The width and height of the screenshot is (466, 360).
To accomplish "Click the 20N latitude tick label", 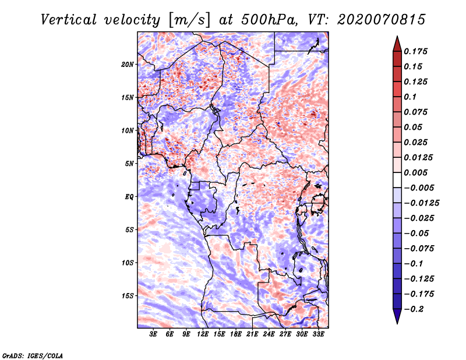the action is [128, 64].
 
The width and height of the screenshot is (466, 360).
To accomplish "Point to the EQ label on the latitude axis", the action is [129, 197].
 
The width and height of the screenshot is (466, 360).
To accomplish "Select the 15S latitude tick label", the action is [128, 296].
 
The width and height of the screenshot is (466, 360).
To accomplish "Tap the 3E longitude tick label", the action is [153, 334].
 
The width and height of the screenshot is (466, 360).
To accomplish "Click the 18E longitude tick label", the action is [236, 334].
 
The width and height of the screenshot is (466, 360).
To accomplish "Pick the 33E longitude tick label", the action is [318, 334].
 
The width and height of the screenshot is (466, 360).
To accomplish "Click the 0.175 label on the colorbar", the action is [415, 51].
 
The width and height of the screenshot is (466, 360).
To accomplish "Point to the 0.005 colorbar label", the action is [415, 172].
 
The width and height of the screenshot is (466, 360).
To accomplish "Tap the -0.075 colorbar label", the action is [419, 249].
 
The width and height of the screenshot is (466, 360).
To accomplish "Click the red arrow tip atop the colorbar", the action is [397, 37].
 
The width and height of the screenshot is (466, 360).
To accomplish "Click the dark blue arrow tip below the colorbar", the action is [397, 323].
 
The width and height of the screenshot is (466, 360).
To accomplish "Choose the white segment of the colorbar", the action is [397, 180].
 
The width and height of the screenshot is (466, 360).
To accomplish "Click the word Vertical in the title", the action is [69, 20].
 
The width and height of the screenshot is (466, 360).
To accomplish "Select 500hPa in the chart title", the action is [269, 20].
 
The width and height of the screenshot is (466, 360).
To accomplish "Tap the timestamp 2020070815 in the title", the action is [382, 20].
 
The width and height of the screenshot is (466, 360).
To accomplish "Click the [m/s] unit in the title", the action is [189, 20].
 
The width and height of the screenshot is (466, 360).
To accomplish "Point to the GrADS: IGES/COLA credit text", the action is [33, 356].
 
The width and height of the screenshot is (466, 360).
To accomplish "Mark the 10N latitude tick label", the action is [128, 130].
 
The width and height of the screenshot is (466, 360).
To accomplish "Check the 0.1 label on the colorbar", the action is [410, 97].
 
